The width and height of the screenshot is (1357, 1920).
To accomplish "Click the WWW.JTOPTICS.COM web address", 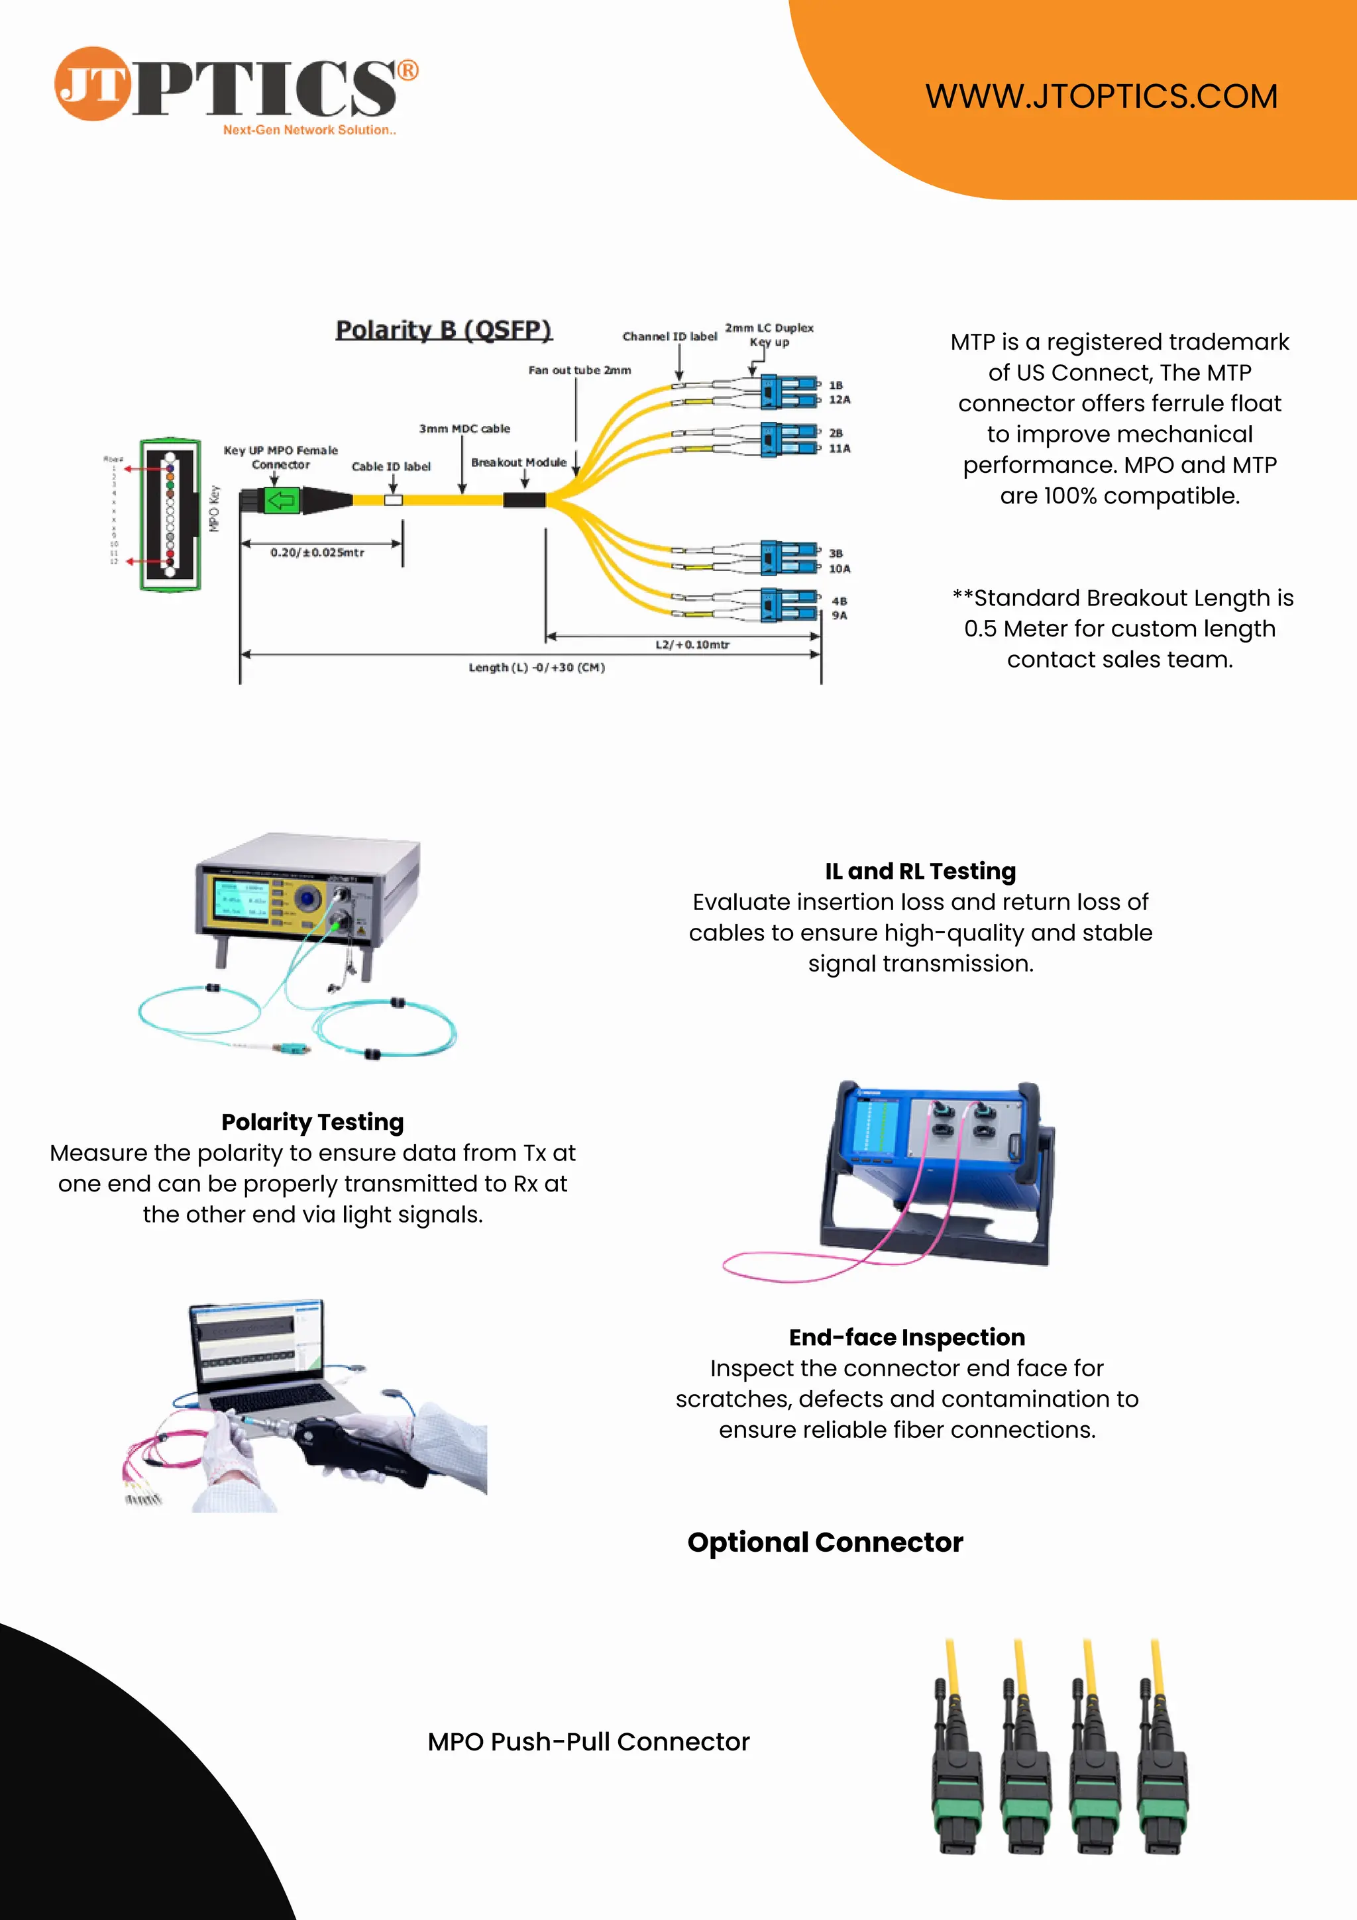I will coord(1101,96).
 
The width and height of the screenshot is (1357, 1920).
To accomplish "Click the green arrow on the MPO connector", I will coord(281,500).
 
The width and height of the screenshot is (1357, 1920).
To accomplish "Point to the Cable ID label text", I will coord(391,467).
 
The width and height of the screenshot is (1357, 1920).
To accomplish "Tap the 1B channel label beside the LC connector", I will coord(836,385).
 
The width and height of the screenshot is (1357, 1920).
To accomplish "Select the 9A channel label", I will coord(839,615).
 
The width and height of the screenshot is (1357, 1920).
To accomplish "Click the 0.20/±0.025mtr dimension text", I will coord(317,553).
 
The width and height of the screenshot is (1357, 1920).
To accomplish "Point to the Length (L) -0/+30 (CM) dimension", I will coord(536,668).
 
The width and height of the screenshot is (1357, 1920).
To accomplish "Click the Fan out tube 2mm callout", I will coord(579,370).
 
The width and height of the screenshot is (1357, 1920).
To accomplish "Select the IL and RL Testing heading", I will coord(920,872).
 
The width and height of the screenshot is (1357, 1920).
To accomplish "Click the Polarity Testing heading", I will coord(312,1122).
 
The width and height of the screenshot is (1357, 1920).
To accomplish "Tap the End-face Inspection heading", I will coord(907,1337).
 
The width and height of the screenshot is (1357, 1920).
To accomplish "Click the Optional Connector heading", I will coord(825,1542).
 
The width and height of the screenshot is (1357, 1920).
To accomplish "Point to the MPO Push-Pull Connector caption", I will coord(588,1742).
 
